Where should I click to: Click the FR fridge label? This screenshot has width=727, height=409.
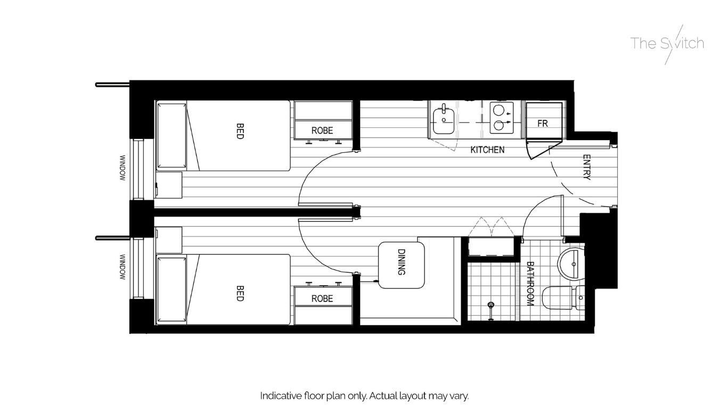coord(542,124)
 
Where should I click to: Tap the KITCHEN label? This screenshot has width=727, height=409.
coord(487,150)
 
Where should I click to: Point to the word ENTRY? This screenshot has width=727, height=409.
coord(586,167)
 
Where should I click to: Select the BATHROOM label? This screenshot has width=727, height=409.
coord(530,283)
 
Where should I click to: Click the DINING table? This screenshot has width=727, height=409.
coord(402,265)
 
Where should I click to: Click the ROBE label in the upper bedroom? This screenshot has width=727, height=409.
coord(322,130)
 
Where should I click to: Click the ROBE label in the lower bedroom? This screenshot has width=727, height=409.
coord(322,299)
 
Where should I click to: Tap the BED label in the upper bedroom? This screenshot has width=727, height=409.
coord(240,132)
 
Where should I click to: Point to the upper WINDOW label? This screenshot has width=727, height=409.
coord(122,168)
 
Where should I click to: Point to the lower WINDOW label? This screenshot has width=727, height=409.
coord(122,266)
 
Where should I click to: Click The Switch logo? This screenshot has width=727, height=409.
coord(667,44)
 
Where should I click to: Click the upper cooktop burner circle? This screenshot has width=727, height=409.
coord(499,110)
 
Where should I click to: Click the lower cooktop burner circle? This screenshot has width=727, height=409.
coord(499,126)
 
